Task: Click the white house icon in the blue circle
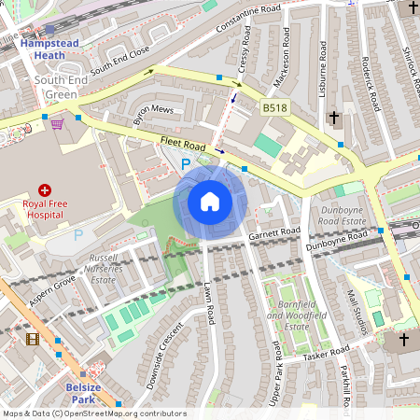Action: (210, 201)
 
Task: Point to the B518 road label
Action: (274, 109)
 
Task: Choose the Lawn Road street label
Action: (210, 303)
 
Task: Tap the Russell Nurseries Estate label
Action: (102, 266)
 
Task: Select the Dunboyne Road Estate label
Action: (341, 217)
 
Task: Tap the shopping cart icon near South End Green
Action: (57, 123)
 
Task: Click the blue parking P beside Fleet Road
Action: (185, 163)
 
